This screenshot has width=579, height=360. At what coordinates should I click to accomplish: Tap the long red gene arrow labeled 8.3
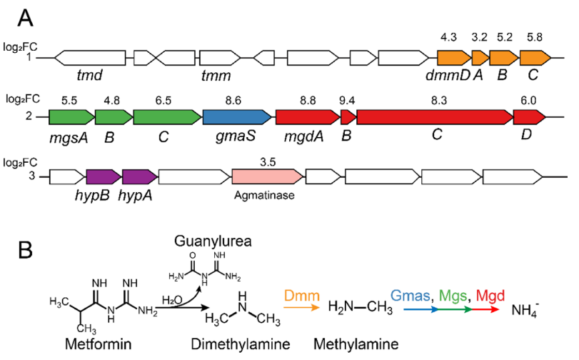tap(435, 117)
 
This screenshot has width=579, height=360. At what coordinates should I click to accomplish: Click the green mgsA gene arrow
tap(71, 117)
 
